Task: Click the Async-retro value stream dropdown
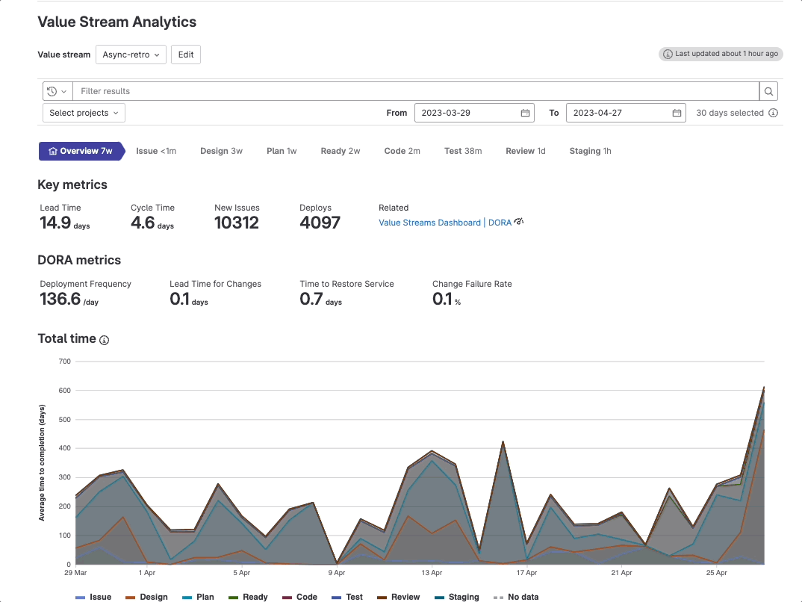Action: tap(131, 55)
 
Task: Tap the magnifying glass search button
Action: tap(768, 91)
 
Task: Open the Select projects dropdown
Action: tap(84, 113)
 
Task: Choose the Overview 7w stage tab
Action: tap(81, 151)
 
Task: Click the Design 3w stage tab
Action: tap(221, 151)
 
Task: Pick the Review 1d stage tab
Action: tap(525, 151)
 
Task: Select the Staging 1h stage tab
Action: tap(590, 151)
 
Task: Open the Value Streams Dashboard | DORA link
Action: tap(445, 223)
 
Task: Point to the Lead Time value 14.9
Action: tap(56, 223)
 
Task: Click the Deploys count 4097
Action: tap(320, 223)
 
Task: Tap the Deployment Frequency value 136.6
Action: tap(60, 299)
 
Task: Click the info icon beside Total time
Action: tap(105, 340)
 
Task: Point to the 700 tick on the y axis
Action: tap(64, 361)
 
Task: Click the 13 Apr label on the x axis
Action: tap(431, 573)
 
